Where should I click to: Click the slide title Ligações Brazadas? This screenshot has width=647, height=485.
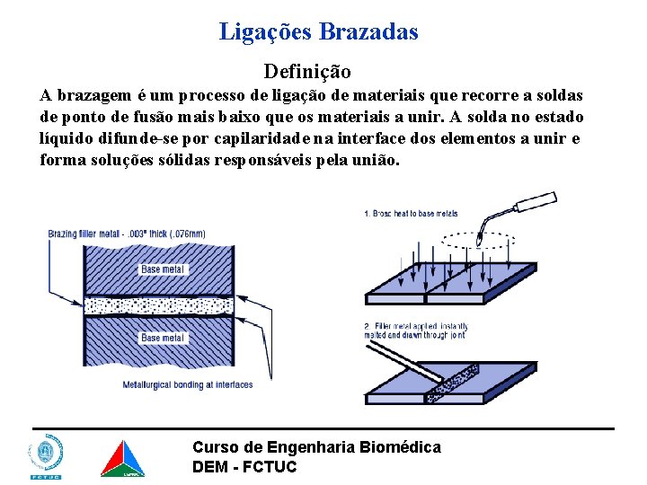(x=319, y=32)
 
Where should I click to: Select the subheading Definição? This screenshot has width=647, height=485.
(x=307, y=70)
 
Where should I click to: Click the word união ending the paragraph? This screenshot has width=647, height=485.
(x=370, y=160)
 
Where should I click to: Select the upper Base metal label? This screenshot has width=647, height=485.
(x=163, y=269)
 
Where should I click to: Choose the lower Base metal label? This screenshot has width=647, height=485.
(x=163, y=338)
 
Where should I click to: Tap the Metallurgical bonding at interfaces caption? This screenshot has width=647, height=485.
(x=188, y=384)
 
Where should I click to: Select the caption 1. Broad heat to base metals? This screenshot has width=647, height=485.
(x=411, y=214)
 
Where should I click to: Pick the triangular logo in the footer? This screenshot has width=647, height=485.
(x=121, y=458)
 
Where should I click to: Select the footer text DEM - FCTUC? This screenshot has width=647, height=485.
(x=244, y=466)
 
